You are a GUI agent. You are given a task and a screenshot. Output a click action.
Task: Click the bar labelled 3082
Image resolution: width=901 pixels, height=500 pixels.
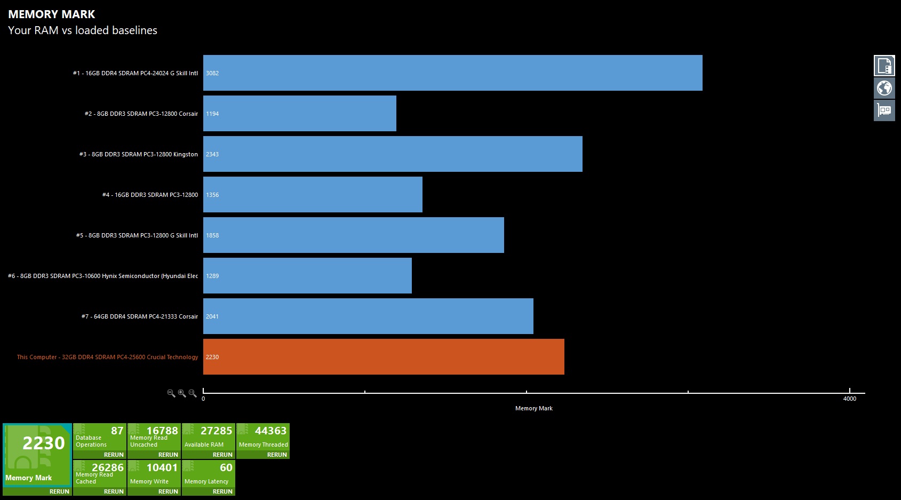tap(452, 73)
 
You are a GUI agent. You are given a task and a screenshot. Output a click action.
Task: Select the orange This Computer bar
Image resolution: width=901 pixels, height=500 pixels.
tap(384, 357)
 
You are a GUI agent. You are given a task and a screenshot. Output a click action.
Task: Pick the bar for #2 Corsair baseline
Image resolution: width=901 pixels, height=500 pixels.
tap(299, 114)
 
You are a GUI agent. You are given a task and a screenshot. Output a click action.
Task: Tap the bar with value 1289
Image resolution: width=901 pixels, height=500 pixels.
tap(307, 276)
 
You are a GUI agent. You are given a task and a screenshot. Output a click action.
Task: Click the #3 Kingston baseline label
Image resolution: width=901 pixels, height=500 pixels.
tap(139, 154)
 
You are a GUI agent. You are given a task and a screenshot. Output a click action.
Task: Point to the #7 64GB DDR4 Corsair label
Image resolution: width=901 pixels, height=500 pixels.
tap(140, 316)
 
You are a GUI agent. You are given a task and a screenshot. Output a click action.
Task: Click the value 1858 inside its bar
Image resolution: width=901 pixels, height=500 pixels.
tap(212, 235)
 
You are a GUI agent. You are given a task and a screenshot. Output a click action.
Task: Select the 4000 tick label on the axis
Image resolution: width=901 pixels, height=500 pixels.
tap(849, 399)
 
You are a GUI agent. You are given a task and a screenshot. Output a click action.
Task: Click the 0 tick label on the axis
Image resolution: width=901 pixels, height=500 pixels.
tap(203, 399)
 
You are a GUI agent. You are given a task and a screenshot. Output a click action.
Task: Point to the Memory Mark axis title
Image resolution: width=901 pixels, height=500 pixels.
tap(533, 408)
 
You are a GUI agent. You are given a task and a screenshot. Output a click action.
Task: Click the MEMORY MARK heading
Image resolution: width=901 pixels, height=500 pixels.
tap(52, 14)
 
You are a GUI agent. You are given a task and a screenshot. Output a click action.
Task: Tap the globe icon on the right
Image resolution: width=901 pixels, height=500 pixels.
tap(884, 88)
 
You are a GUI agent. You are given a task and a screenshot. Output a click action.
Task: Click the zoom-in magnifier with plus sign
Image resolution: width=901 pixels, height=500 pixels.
tap(182, 393)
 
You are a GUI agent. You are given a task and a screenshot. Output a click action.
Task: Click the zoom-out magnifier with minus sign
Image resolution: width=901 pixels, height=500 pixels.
tap(171, 393)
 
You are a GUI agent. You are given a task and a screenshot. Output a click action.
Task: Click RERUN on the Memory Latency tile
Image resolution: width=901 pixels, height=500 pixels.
tap(222, 491)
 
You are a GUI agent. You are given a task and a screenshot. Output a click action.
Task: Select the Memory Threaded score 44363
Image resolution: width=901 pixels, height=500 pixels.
tap(270, 431)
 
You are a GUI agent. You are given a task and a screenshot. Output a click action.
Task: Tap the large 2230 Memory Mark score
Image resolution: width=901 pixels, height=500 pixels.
tap(43, 443)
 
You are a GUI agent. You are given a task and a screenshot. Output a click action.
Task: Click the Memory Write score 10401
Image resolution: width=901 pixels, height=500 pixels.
tap(162, 467)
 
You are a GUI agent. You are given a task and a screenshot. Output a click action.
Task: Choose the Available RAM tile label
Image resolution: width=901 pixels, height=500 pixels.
tap(204, 445)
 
